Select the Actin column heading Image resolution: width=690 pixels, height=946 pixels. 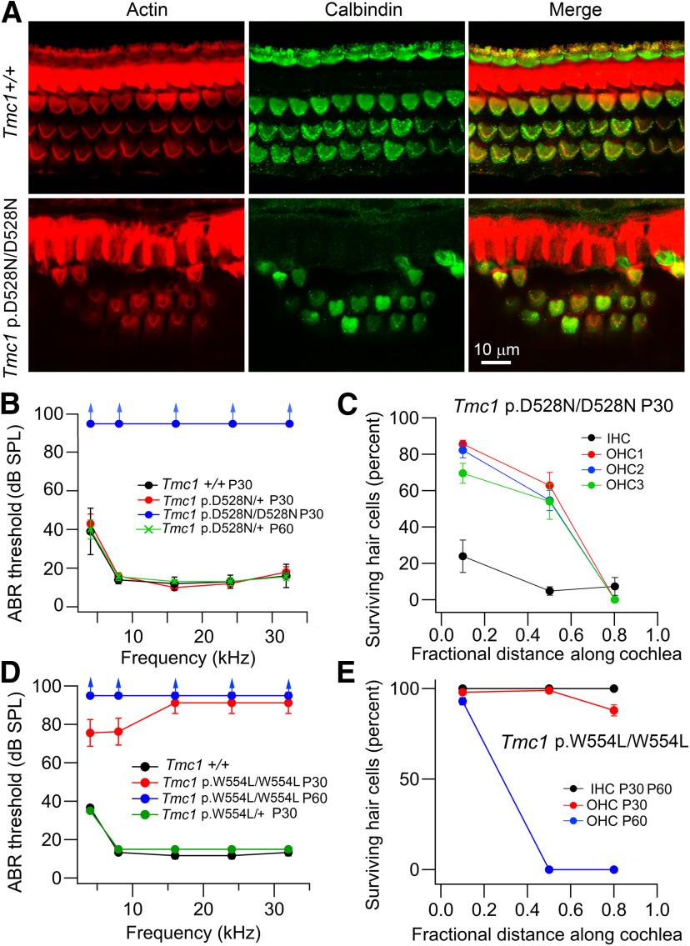coord(138,9)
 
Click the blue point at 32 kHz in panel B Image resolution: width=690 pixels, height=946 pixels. coord(289,423)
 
